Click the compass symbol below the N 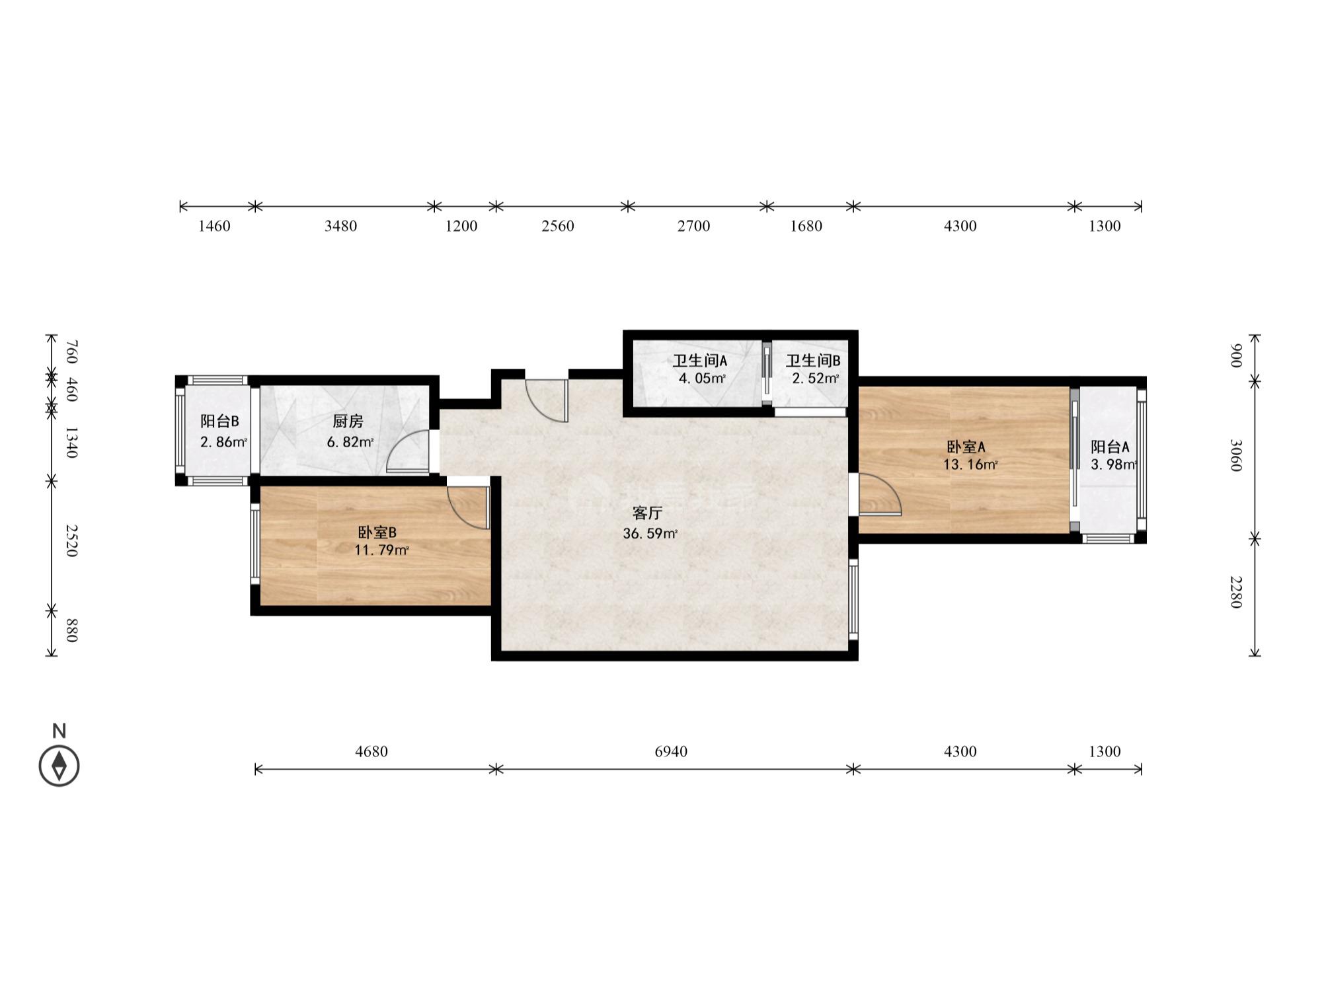click(59, 766)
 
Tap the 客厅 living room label click(647, 513)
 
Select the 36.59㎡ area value click(650, 534)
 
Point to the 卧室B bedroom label click(377, 532)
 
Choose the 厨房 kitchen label click(348, 422)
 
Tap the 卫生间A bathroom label click(700, 361)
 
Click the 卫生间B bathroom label click(813, 361)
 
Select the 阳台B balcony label click(220, 422)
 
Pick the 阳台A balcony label click(1110, 447)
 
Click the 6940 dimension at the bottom click(671, 751)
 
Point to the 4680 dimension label click(371, 751)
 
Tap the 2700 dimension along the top click(693, 226)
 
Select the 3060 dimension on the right click(1235, 456)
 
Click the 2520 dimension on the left click(72, 540)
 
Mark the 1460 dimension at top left click(214, 226)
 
